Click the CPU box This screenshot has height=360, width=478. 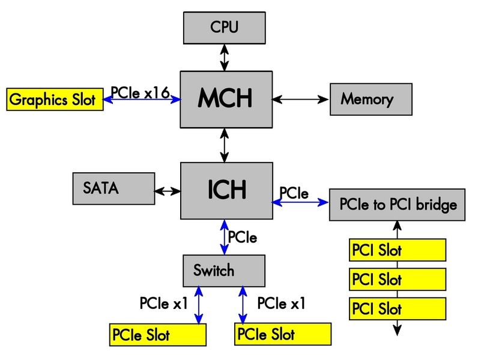[225, 27]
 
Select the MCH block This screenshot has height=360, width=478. [225, 99]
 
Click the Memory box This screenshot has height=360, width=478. [371, 99]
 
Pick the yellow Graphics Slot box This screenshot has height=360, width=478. [54, 100]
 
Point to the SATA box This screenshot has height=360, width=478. [113, 188]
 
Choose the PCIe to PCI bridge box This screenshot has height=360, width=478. [398, 205]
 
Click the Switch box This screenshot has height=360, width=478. [223, 271]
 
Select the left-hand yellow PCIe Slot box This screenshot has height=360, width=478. [157, 335]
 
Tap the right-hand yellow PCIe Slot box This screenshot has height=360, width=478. [283, 334]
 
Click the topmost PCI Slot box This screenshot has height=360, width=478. [398, 250]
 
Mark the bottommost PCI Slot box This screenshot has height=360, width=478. [398, 309]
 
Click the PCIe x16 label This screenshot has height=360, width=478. [139, 92]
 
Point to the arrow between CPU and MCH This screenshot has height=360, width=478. [225, 57]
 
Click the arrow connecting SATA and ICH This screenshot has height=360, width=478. [167, 191]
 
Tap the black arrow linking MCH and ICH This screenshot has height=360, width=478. [225, 145]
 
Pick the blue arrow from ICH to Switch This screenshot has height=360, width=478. [224, 237]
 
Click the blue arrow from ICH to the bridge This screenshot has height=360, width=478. [300, 203]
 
